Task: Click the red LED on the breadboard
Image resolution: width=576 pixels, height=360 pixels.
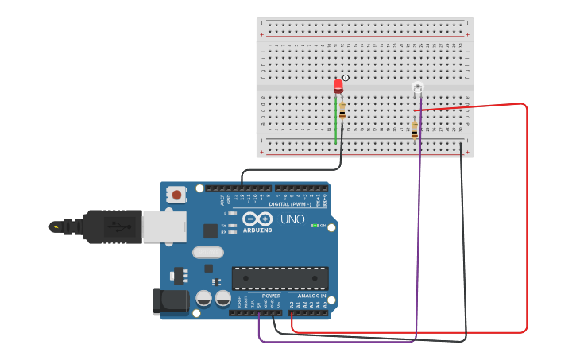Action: tap(338, 85)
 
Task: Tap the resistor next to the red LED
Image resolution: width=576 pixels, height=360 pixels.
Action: tap(342, 110)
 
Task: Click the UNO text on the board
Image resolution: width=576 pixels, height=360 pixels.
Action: tap(292, 219)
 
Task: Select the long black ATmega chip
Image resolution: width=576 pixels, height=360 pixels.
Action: tap(280, 278)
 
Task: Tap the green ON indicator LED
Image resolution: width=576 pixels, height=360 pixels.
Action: tap(316, 226)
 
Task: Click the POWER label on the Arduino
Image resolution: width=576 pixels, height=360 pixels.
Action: tap(271, 296)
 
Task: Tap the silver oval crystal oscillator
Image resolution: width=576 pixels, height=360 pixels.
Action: tap(208, 254)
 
